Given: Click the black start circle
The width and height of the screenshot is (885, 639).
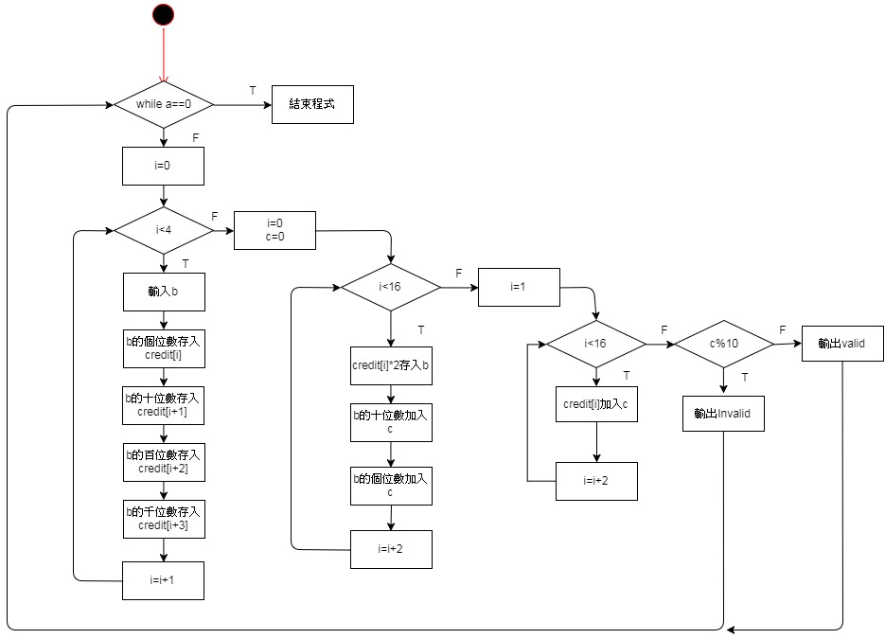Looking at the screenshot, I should pos(163,14).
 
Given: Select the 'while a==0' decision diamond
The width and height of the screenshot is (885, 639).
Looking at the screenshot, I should pos(164,103).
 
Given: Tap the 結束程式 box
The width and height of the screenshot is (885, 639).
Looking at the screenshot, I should pos(312,104).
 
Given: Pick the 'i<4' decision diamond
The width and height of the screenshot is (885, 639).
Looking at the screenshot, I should pos(163,230).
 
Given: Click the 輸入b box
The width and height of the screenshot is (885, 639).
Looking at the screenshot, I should pos(164,292).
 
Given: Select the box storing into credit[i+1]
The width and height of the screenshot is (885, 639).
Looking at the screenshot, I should pos(164,405).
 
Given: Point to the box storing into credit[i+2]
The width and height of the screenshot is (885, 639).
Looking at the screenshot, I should pos(164,462).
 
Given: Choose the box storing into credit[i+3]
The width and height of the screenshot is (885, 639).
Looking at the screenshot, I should pos(164,518).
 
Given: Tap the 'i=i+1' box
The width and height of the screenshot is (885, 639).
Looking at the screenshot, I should pos(164,579).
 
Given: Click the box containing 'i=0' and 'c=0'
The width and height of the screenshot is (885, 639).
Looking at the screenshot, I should pos(274,230).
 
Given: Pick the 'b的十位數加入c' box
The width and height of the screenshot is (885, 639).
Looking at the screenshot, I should pos(391,422).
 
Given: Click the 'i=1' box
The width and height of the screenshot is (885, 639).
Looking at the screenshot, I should pos(518,287).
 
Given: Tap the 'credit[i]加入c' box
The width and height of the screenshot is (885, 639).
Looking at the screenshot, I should pos(595,404).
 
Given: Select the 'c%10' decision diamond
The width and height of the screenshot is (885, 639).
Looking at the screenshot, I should pos(723,344).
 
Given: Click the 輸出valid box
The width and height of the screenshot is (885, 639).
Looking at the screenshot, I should pos(842,344).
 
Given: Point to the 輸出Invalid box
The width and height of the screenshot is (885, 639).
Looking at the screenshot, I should pos(722,413).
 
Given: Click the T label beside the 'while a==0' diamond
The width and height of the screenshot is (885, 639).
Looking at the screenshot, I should pos(253,90).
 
